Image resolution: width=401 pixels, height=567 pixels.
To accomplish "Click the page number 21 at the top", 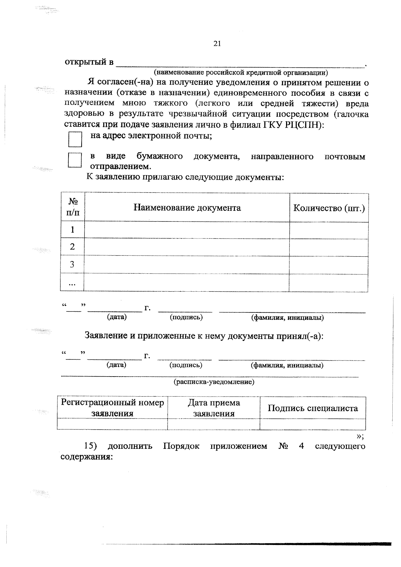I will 217,44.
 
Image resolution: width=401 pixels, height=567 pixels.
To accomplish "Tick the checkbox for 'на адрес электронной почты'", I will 75,139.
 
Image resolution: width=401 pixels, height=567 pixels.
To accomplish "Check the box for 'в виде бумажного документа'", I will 75,160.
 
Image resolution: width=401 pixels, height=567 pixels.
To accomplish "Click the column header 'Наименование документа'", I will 187,208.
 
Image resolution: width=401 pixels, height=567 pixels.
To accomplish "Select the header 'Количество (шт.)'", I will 329,208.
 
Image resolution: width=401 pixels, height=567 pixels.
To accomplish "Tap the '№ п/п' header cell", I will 73,207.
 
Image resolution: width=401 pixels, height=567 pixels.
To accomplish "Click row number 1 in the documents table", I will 73,230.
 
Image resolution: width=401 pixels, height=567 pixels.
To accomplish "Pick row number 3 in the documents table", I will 72,265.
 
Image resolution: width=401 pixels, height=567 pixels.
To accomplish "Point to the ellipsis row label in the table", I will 72,283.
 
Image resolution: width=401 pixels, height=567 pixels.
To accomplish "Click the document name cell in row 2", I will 187,247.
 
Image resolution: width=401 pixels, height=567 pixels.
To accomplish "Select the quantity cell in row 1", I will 329,230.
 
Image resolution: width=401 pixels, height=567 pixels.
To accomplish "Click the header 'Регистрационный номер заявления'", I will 112,408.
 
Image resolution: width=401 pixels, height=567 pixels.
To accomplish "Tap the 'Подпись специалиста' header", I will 313,408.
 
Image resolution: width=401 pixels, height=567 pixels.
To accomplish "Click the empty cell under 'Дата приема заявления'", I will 214,424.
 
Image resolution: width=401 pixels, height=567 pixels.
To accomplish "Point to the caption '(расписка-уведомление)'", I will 214,382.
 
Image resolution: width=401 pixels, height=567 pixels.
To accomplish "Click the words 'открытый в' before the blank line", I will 89,62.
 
